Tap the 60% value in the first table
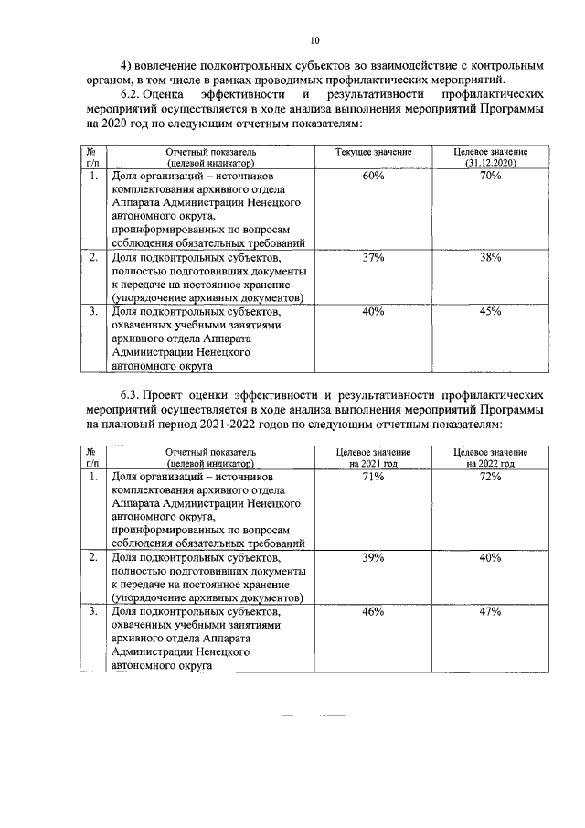pyautogui.click(x=372, y=175)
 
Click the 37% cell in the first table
pyautogui.click(x=372, y=259)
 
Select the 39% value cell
pyautogui.click(x=372, y=557)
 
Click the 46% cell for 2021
pyautogui.click(x=372, y=610)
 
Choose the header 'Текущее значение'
pyautogui.click(x=373, y=151)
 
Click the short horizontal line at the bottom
pyautogui.click(x=314, y=715)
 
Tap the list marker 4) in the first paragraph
pyautogui.click(x=128, y=66)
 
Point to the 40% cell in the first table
pyautogui.click(x=372, y=311)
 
